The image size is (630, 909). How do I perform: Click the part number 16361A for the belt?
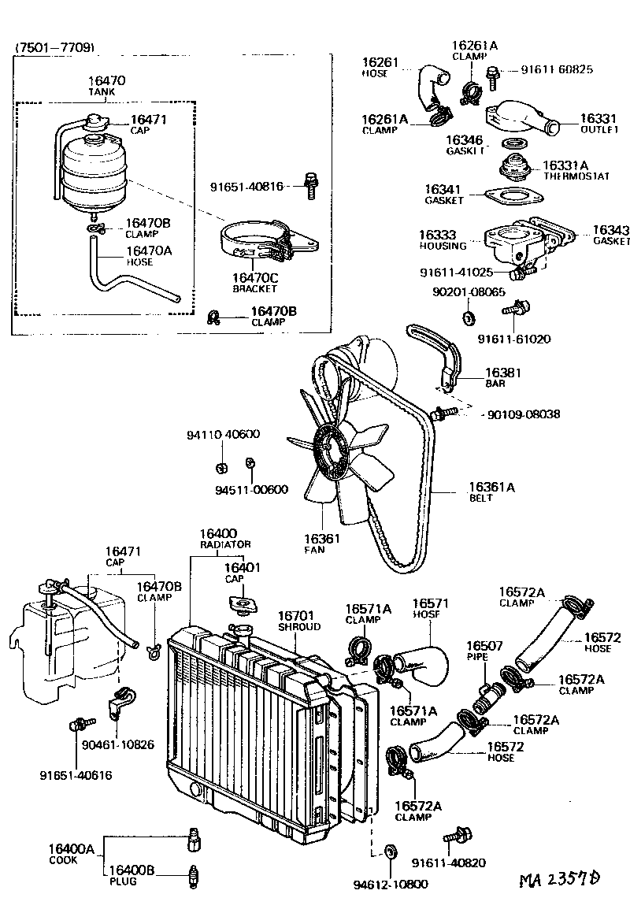491,488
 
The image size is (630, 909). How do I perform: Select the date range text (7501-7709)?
55,48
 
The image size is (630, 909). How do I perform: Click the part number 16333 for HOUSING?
437,235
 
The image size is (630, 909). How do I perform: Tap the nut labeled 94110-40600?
222,466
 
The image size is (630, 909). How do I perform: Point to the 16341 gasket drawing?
511,195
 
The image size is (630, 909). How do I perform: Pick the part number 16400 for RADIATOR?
218,533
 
